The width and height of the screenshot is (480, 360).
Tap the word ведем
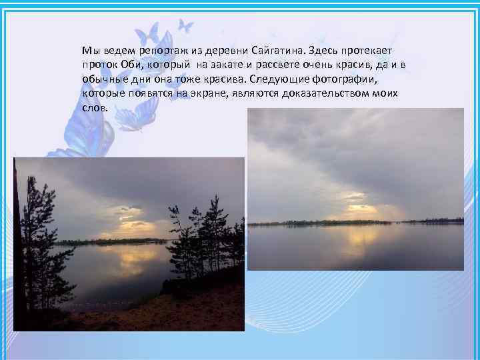click(x=117, y=51)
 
